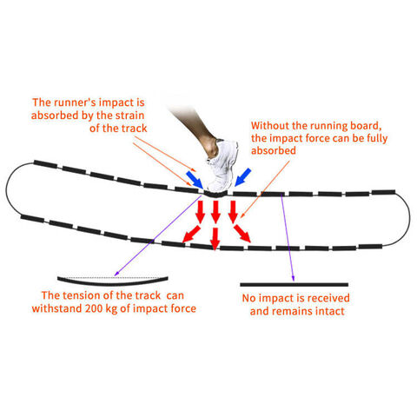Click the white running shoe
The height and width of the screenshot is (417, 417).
[x=222, y=167]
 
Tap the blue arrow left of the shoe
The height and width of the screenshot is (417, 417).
[x=195, y=180]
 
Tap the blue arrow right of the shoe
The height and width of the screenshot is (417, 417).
[x=242, y=176]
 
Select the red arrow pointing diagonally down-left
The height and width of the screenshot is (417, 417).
[x=191, y=234]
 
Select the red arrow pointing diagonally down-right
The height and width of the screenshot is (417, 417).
[x=242, y=234]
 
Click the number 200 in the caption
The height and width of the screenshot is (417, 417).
[x=94, y=308]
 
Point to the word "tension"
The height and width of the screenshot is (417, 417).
[x=83, y=295]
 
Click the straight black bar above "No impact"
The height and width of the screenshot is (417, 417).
[x=294, y=285]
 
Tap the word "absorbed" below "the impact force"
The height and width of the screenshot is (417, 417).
[x=274, y=150]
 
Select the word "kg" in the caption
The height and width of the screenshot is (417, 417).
[x=111, y=309]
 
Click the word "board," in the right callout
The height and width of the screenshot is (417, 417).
[x=366, y=126]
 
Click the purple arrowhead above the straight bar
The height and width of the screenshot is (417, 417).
[x=294, y=279]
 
